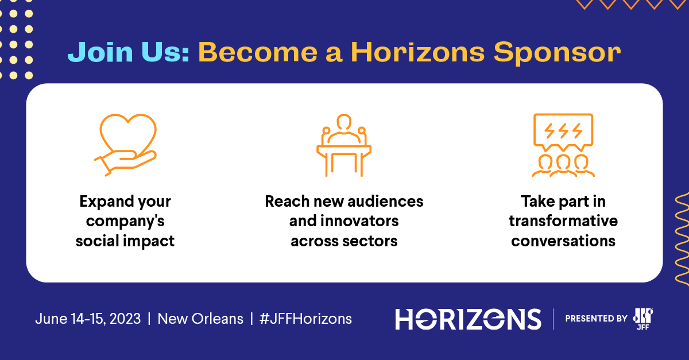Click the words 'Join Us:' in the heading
click(x=128, y=52)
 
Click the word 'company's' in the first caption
click(x=125, y=221)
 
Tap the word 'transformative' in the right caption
click(x=563, y=221)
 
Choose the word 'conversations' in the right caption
click(x=563, y=241)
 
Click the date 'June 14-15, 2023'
click(x=88, y=319)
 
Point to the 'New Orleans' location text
click(x=200, y=319)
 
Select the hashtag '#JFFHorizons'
click(x=305, y=319)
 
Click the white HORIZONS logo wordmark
click(x=468, y=319)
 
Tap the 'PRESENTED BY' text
click(x=596, y=319)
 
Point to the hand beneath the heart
click(x=123, y=161)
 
